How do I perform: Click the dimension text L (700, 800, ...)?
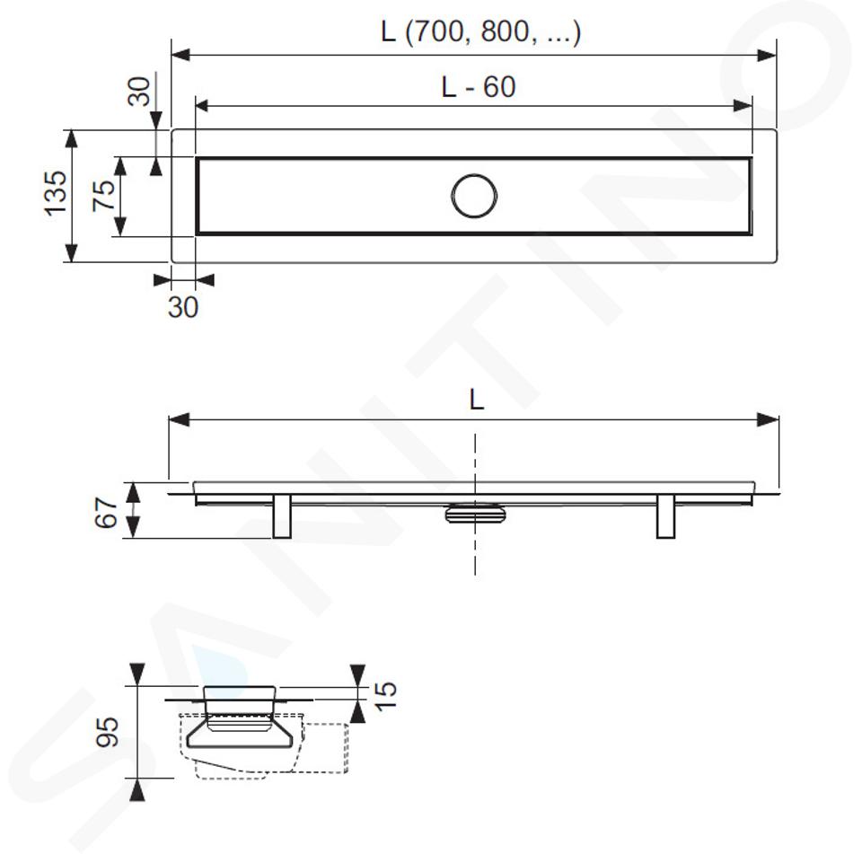(x=480, y=32)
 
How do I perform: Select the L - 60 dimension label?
(x=479, y=87)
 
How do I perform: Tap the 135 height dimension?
(x=56, y=193)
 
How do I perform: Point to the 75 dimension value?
(x=104, y=195)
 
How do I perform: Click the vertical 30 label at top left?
(x=139, y=92)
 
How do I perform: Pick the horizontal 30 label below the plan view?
(x=183, y=307)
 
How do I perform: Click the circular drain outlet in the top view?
(x=474, y=196)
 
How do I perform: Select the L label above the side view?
(x=477, y=400)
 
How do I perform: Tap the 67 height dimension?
(x=106, y=513)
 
